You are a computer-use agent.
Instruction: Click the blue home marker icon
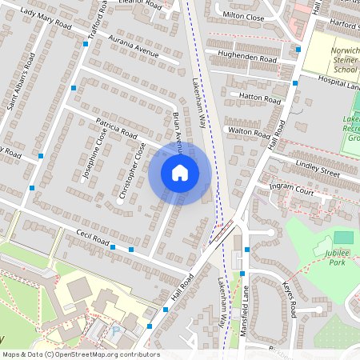(180, 173)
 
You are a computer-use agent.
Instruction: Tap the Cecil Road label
(88, 238)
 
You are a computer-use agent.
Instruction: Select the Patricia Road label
(118, 129)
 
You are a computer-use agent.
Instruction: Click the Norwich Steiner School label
(344, 60)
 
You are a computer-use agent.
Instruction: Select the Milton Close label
(243, 15)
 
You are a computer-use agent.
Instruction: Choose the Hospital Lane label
(338, 82)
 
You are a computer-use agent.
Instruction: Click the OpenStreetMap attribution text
(81, 354)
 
